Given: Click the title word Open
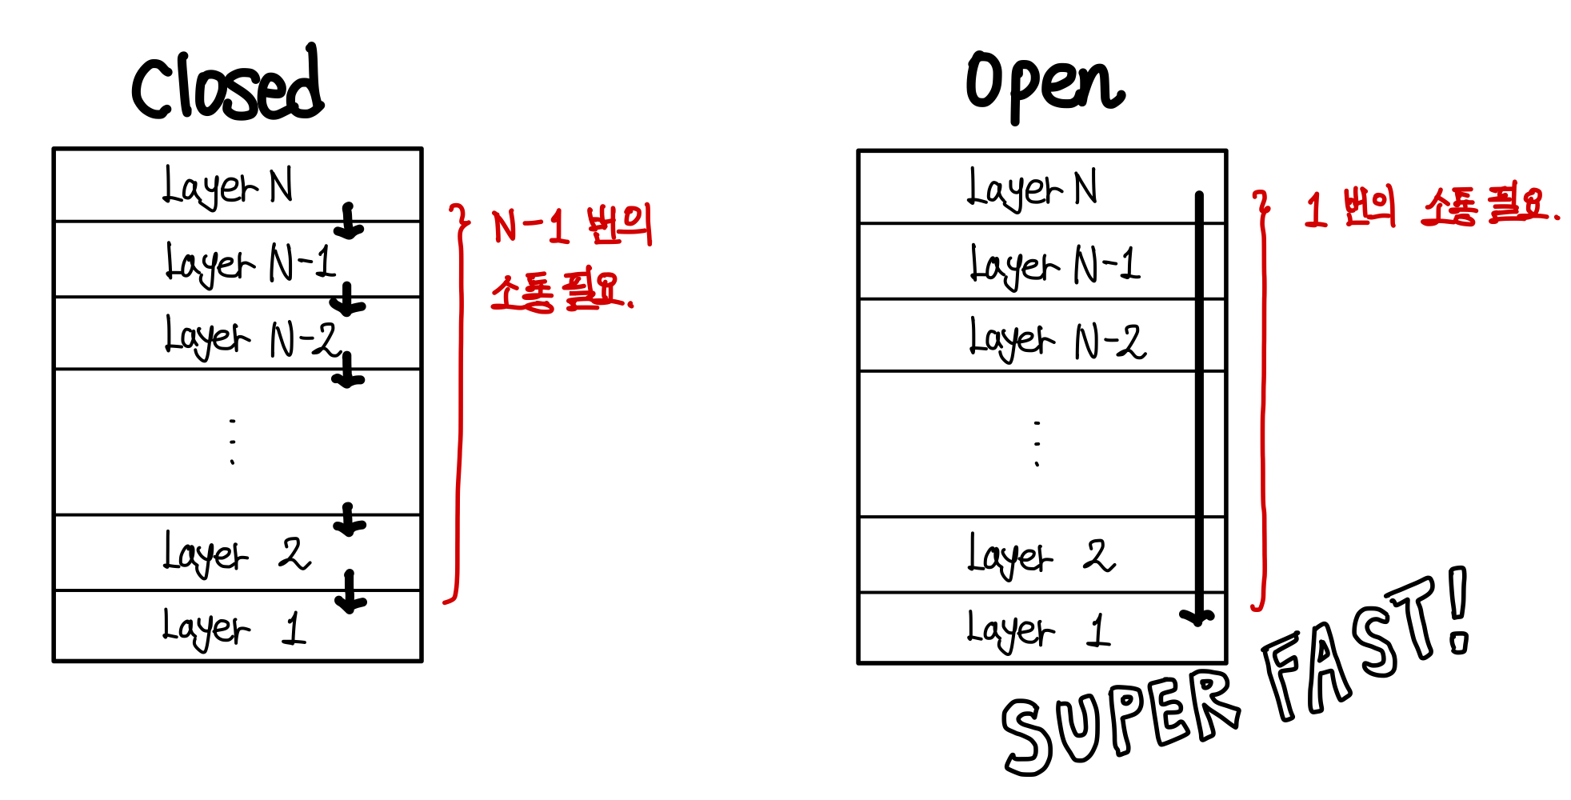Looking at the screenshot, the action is click(x=1045, y=84).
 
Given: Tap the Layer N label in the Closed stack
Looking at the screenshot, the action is click(x=228, y=186).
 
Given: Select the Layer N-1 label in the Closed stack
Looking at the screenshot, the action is click(x=250, y=262).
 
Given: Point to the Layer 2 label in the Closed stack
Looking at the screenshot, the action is click(x=237, y=553).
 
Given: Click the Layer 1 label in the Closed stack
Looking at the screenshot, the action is click(x=234, y=628).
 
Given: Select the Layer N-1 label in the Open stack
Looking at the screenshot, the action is click(x=1055, y=265).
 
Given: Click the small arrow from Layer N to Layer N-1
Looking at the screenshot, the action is click(x=349, y=222).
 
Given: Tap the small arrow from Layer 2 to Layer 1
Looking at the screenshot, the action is click(x=350, y=592).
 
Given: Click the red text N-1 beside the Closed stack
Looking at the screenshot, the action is click(x=530, y=226).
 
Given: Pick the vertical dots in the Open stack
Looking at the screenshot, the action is click(x=1037, y=443).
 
